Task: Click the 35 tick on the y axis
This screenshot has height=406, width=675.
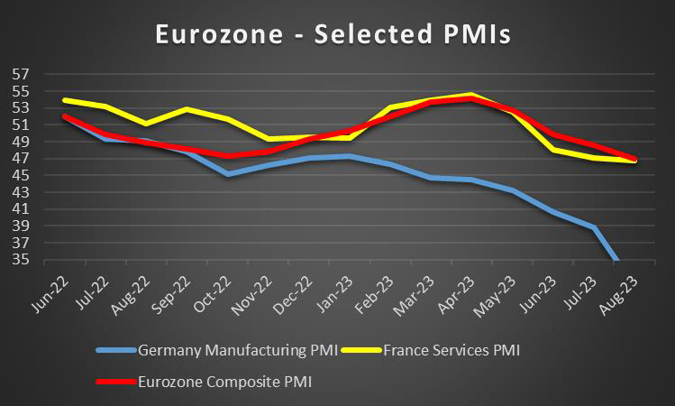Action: click(21, 260)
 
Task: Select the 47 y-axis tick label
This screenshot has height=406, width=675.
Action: click(21, 158)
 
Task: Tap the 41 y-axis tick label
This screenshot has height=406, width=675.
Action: click(21, 209)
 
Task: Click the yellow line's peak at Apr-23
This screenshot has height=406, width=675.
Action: click(471, 94)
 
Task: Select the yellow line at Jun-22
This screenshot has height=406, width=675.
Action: click(64, 100)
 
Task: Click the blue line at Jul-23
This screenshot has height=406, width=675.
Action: click(594, 226)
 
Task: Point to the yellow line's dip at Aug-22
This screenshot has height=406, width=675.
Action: click(146, 124)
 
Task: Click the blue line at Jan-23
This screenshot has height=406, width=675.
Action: click(349, 156)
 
